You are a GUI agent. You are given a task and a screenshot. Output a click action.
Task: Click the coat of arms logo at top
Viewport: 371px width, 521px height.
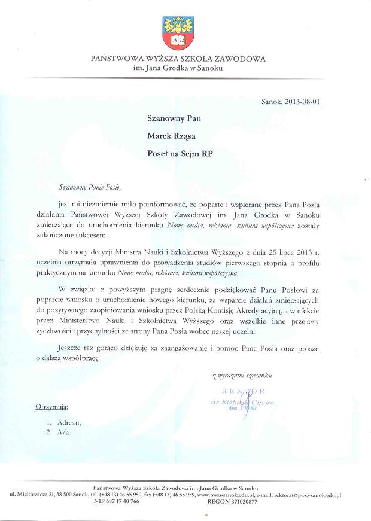(178, 33)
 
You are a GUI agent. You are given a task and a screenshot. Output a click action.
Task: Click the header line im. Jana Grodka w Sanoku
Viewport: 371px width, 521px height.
(178, 69)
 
